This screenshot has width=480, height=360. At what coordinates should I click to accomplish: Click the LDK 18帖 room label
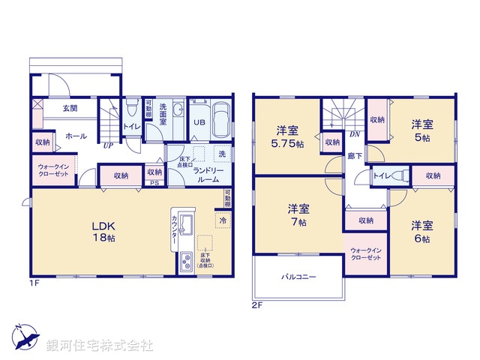102,231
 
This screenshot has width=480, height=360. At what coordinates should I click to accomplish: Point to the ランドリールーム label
209,175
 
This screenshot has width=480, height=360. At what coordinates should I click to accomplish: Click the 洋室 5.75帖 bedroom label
289,136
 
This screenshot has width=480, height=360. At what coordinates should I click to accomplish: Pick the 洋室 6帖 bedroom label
421,232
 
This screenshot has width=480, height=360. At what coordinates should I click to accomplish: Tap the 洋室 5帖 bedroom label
421,131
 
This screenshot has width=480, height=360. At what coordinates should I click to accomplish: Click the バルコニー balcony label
299,277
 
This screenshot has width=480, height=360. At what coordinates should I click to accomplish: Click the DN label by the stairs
354,135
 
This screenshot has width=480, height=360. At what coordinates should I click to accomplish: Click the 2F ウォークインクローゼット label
366,253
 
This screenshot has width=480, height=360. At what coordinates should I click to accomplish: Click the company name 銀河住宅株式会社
100,346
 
